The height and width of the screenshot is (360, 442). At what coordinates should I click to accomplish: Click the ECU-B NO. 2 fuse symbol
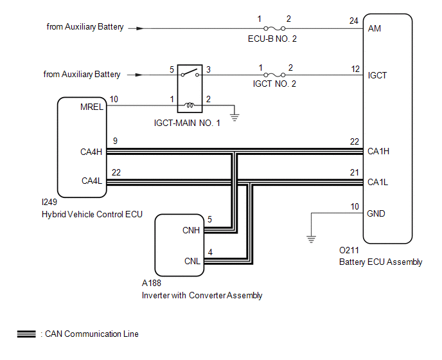point(274,28)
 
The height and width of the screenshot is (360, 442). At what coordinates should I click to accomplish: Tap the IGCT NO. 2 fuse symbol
point(274,75)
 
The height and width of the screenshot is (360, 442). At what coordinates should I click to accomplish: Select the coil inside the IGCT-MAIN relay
point(190,105)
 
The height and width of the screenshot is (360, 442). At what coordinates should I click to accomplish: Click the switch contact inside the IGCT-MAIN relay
point(190,73)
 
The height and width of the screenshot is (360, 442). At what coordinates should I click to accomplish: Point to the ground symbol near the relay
point(234,117)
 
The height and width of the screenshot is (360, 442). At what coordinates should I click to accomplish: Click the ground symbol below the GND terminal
point(311,239)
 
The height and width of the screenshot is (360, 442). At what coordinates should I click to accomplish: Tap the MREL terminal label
point(92,107)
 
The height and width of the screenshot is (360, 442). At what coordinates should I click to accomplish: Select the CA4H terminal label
point(91,152)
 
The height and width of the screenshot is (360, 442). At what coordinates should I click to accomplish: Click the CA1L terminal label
point(378,183)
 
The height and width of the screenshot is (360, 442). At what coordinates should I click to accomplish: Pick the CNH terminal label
point(191,230)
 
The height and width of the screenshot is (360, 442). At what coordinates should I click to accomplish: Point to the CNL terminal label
point(192,261)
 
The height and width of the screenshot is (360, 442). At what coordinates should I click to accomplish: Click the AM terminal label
point(375,28)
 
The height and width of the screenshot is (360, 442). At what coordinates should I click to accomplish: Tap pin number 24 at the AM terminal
point(354,21)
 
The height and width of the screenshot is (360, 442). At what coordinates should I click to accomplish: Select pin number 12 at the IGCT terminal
point(355,69)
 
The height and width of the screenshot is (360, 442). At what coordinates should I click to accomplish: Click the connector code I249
point(49,202)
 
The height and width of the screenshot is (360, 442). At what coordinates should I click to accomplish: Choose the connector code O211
point(349,250)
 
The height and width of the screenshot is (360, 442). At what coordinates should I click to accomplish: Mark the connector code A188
point(152,283)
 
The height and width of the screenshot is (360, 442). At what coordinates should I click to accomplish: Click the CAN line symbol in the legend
point(26,334)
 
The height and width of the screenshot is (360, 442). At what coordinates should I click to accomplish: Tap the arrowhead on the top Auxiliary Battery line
point(140,28)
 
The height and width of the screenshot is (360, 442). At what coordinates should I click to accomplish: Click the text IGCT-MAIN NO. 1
point(187,123)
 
